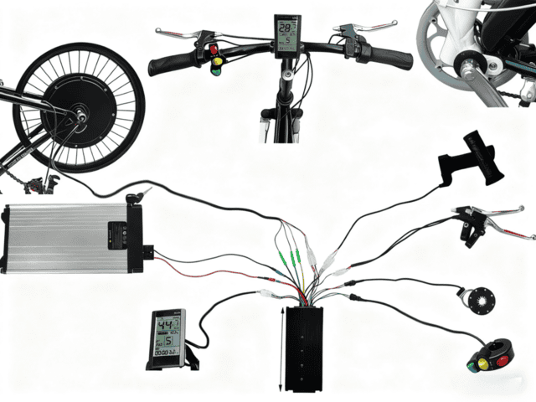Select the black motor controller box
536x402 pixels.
click(x=304, y=348)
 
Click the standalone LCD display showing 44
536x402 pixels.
click(x=167, y=334)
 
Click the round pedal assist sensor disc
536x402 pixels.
click(x=482, y=300)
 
